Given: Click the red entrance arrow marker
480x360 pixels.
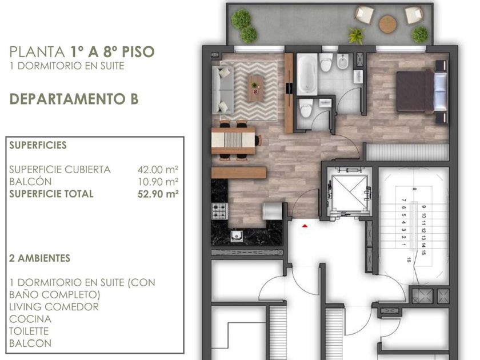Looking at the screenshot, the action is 305,226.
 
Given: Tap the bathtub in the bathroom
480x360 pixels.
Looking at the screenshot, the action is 307,74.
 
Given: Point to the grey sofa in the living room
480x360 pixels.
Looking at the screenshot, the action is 223,90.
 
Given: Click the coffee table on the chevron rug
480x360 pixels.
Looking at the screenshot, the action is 255,89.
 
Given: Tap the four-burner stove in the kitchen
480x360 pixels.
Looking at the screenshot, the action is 219,211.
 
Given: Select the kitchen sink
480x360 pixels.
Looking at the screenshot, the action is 237,235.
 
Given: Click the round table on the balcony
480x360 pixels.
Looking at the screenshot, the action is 388,24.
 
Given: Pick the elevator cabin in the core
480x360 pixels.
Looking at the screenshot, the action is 349,191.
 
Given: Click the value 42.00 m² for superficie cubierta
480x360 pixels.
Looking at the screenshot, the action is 158,169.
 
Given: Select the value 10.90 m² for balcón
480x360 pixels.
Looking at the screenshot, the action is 158,182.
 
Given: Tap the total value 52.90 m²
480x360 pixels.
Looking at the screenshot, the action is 158,194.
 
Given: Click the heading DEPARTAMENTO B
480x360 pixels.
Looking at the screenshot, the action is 74,99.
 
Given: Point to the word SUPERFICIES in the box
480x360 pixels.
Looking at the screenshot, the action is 38,145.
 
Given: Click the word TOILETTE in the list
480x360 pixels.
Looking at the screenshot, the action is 29,331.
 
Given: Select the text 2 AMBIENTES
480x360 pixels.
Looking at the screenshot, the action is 40,258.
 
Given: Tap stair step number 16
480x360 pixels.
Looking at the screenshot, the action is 409,260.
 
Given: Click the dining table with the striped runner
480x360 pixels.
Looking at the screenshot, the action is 233,141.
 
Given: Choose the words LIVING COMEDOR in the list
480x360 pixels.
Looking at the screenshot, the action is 54,307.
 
